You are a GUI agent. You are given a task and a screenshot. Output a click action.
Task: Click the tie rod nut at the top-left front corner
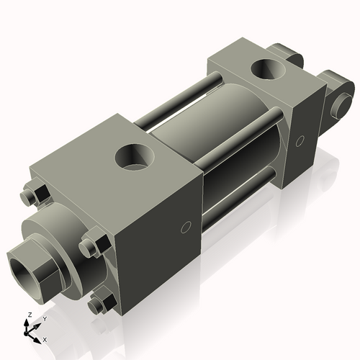pyautogui.click(x=30, y=196)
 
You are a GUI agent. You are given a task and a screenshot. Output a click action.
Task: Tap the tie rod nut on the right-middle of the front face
pyautogui.click(x=91, y=246)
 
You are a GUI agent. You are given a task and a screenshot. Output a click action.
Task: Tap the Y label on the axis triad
pyautogui.click(x=44, y=318)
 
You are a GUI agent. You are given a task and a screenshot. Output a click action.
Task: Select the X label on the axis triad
pyautogui.click(x=45, y=338)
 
